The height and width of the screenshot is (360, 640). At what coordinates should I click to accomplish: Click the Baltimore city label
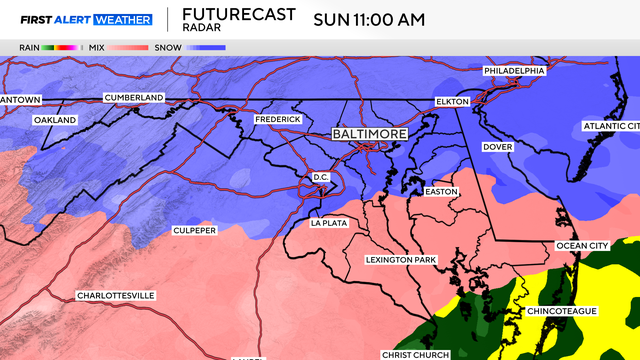[x=371, y=133]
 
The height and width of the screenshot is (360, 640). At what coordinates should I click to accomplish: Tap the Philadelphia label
[x=514, y=71]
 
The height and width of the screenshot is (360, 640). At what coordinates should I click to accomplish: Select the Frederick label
[x=277, y=120]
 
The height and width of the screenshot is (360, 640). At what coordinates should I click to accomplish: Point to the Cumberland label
[x=133, y=97]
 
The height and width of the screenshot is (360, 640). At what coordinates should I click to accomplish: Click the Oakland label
[x=55, y=120]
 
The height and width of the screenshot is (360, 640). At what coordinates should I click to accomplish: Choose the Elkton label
[x=452, y=102]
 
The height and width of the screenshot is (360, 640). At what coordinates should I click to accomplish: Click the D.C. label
[x=321, y=177]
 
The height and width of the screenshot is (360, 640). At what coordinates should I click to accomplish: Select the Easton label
[x=440, y=191]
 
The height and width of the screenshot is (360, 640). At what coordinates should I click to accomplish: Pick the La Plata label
[x=329, y=223]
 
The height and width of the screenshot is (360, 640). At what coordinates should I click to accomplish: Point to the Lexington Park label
[x=400, y=260]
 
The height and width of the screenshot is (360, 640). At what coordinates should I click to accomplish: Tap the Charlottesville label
[x=115, y=296]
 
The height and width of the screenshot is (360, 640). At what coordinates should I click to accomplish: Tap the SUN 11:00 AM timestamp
[x=369, y=19]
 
